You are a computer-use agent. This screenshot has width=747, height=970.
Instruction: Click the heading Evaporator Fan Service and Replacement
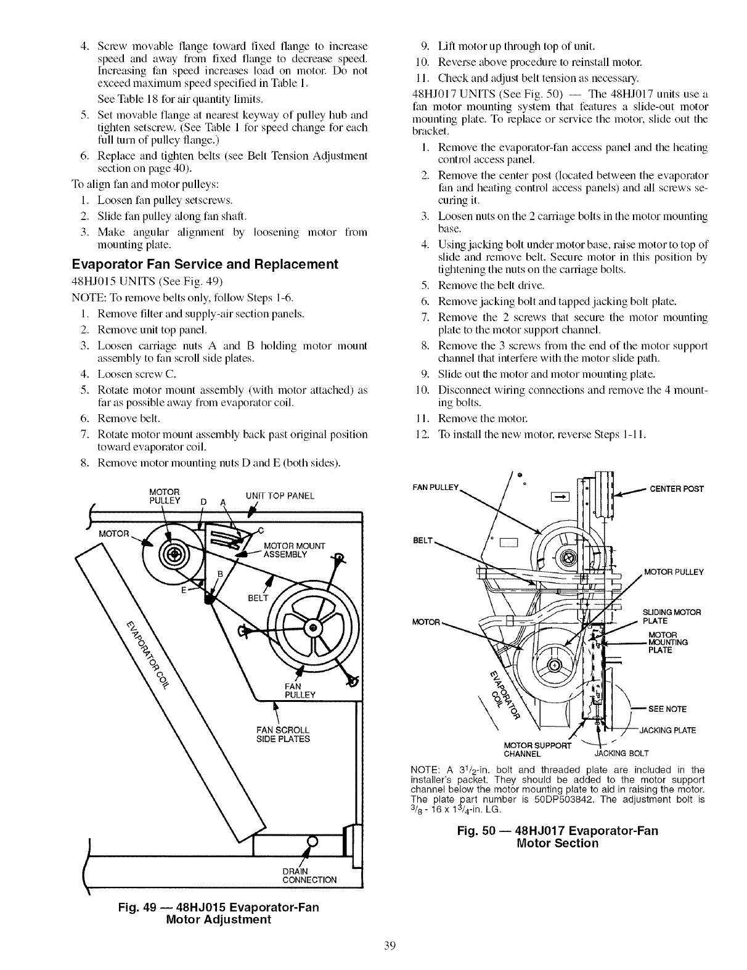(205, 264)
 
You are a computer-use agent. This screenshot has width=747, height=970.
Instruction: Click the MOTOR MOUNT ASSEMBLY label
(290, 549)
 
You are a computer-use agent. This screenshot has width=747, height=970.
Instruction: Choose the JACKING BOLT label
(621, 753)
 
